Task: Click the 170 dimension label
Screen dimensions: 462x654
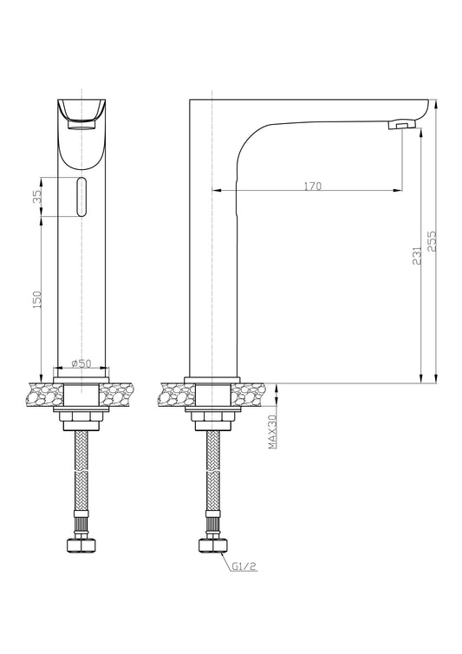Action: coord(312,186)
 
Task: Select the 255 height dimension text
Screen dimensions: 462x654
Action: coord(432,241)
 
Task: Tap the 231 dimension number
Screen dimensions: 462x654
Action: coord(417,255)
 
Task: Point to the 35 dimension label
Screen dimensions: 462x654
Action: coord(37,196)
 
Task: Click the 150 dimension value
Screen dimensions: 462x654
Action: coord(37,300)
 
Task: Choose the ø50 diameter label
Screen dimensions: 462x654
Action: coord(81,363)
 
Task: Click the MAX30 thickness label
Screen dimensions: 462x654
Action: coord(273,432)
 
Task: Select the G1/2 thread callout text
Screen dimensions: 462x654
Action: coord(244,566)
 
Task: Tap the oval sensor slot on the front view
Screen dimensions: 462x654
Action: coord(81,197)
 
